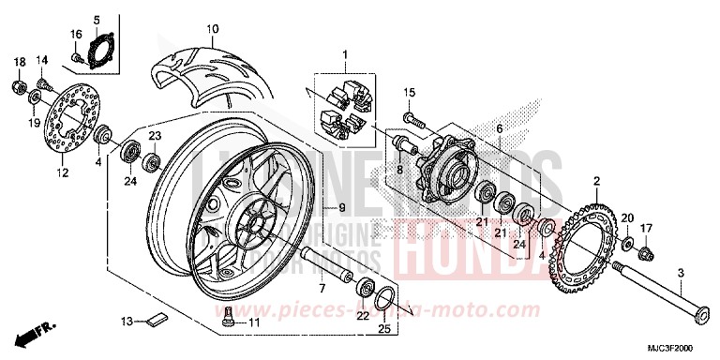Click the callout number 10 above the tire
213,29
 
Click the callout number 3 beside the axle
681,273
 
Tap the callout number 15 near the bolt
409,92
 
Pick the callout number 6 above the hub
500,128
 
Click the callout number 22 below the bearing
363,315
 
